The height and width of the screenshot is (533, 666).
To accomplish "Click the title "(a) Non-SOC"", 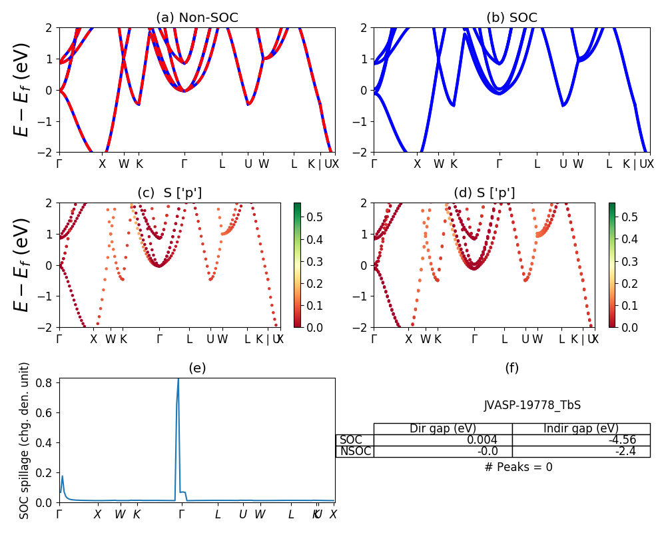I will [x=197, y=18].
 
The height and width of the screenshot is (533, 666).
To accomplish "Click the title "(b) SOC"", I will [x=511, y=18].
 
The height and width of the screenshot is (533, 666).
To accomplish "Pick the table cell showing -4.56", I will [x=581, y=440].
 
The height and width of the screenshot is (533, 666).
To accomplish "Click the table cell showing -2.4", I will [x=581, y=452].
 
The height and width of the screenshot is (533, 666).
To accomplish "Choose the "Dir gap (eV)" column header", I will [x=442, y=429].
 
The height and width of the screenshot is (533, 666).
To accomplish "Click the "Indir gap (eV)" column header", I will [x=581, y=429].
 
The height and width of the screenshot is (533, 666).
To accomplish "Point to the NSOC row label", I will [x=355, y=452].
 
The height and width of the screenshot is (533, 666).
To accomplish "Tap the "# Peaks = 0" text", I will [x=518, y=468].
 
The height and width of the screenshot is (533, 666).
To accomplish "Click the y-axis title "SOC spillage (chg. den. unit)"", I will [x=25, y=440].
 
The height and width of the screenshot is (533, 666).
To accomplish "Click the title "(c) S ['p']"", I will [x=169, y=193].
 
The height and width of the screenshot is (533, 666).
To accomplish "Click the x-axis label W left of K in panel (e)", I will [x=120, y=514].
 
